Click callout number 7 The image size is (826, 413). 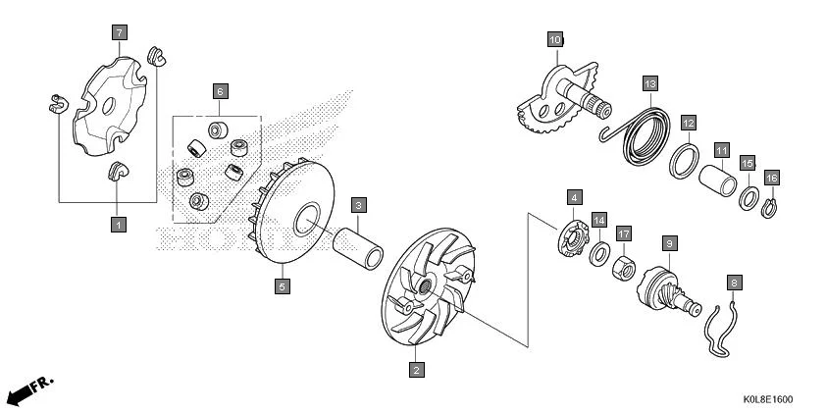(x=120, y=32)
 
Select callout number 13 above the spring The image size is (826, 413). (x=650, y=83)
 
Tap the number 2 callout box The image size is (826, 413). (x=416, y=370)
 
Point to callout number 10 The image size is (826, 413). (x=555, y=39)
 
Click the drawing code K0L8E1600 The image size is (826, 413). (x=767, y=399)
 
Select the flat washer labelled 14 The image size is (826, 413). (x=599, y=254)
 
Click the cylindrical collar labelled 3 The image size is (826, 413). (x=358, y=248)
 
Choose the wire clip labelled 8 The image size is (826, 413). (x=721, y=331)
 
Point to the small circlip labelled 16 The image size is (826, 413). (x=769, y=208)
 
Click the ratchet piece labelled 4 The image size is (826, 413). (x=573, y=239)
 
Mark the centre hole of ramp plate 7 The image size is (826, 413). (x=109, y=106)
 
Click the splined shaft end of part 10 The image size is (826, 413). (x=600, y=107)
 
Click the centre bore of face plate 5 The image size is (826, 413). (x=307, y=219)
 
